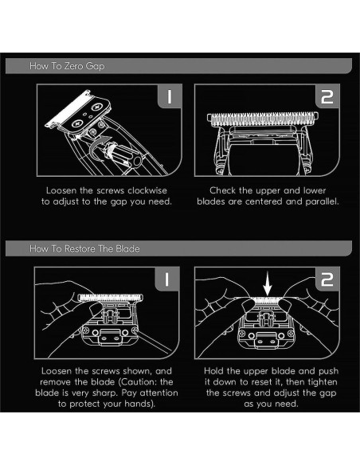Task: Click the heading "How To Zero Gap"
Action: [67, 66]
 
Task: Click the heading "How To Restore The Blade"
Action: [84, 248]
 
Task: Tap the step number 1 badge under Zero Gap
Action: [170, 96]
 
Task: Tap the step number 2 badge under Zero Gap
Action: [327, 96]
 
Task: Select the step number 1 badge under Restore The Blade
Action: [166, 279]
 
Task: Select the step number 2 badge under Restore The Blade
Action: [327, 279]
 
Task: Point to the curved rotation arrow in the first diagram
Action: [99, 147]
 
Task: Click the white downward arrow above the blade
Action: [268, 285]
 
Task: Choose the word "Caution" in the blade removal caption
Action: [137, 382]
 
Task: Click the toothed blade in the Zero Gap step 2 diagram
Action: [263, 119]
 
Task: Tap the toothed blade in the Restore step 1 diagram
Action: [111, 298]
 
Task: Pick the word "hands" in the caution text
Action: [137, 404]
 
